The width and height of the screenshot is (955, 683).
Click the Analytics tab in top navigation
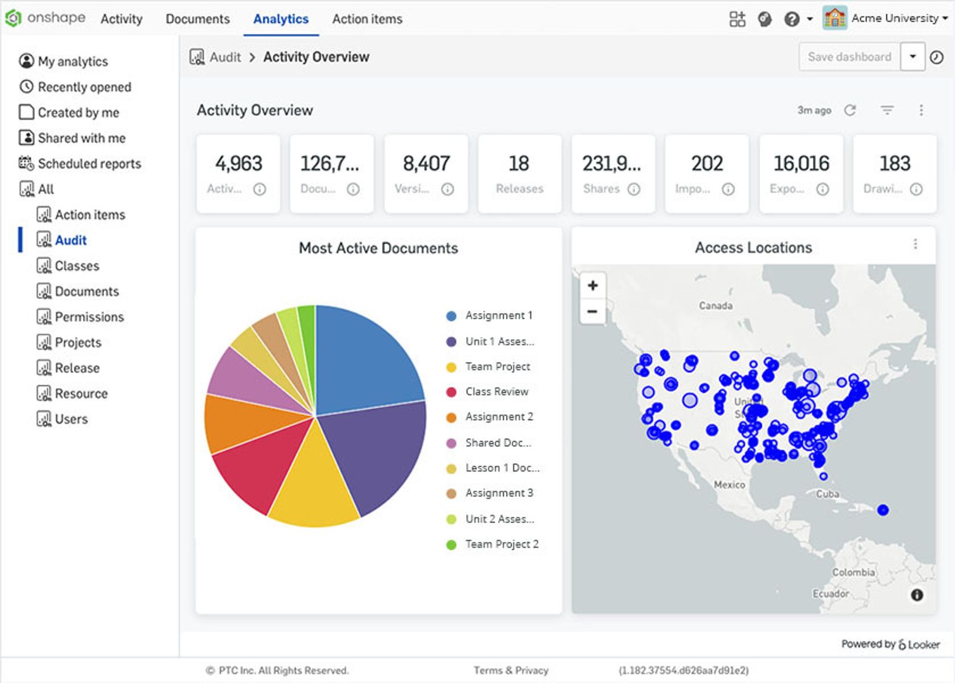tap(281, 19)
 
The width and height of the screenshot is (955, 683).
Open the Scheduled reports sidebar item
tap(89, 164)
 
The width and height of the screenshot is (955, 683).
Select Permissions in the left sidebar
tap(89, 317)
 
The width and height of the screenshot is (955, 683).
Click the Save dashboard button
tap(849, 57)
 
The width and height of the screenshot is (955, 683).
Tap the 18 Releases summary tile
tap(519, 174)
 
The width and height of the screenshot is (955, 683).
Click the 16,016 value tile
tap(801, 174)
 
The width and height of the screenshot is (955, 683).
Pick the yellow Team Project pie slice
tap(313, 484)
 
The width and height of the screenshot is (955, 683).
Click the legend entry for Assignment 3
tap(499, 493)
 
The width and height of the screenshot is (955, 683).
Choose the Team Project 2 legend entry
tap(501, 544)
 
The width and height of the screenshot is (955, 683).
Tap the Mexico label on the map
tap(729, 485)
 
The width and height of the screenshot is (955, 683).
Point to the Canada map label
tap(715, 305)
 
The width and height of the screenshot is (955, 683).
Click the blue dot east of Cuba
tap(883, 510)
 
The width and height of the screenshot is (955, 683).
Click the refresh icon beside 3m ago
tap(850, 110)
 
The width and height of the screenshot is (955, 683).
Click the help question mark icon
tap(791, 19)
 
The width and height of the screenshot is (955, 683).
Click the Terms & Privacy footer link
tap(511, 670)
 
